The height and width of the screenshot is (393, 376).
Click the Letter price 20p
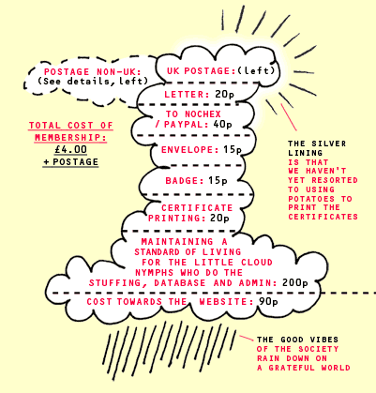[x=224, y=95]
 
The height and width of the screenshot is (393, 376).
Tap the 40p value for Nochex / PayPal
[x=223, y=125]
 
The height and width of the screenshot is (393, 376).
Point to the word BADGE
[x=184, y=181]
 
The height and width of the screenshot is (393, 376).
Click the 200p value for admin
[x=295, y=282]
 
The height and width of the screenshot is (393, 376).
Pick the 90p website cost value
[x=268, y=302]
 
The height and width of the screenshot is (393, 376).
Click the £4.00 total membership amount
[x=70, y=149]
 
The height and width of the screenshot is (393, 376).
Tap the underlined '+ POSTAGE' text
[x=71, y=162]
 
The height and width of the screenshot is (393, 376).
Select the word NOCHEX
[x=203, y=114]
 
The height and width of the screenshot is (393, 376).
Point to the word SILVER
[x=329, y=144]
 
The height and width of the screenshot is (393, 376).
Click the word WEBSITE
[x=226, y=302]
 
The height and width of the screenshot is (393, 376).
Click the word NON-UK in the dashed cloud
[x=119, y=72]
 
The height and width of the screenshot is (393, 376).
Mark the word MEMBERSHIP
[x=70, y=138]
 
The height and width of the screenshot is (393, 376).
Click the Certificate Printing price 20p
[x=219, y=218]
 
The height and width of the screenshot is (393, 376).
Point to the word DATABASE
[x=180, y=283]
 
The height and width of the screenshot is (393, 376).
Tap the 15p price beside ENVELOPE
[x=233, y=150]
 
